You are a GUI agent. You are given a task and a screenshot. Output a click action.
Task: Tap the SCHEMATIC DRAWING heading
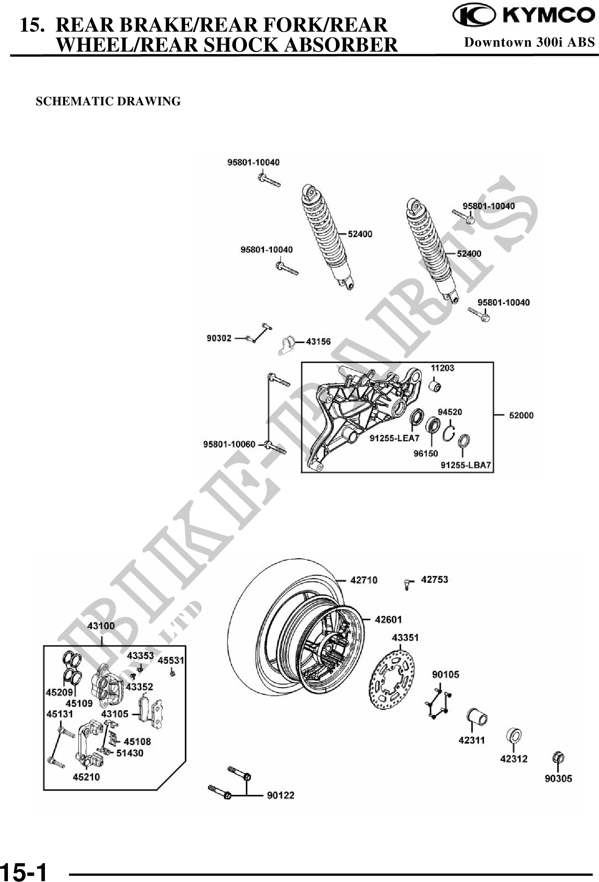click(x=108, y=102)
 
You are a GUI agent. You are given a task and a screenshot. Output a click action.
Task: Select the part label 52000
click(x=521, y=415)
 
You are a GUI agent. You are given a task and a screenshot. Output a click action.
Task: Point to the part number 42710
click(x=364, y=580)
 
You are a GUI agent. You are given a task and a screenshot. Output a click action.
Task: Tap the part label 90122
click(x=281, y=795)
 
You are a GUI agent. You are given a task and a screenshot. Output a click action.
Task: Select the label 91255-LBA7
click(x=466, y=465)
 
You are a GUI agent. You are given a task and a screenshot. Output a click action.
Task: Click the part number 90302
click(x=219, y=338)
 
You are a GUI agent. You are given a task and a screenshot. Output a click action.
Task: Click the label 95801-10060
click(x=229, y=445)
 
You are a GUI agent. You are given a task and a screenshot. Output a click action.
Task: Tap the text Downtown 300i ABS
click(x=529, y=42)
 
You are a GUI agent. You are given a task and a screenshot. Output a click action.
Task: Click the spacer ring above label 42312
click(x=514, y=736)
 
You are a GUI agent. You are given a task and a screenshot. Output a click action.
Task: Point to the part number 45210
click(x=86, y=777)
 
